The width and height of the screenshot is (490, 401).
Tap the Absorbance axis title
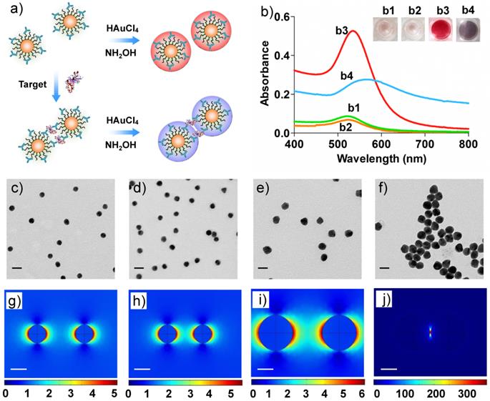(x=265, y=74)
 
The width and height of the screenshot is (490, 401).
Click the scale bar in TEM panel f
(x=384, y=269)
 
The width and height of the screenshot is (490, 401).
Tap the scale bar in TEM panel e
(x=262, y=269)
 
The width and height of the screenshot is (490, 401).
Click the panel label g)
(x=14, y=300)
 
